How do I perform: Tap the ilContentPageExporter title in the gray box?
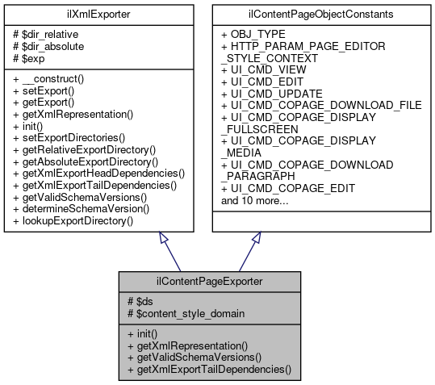210,282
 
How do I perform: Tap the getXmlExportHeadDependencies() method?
100,173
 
